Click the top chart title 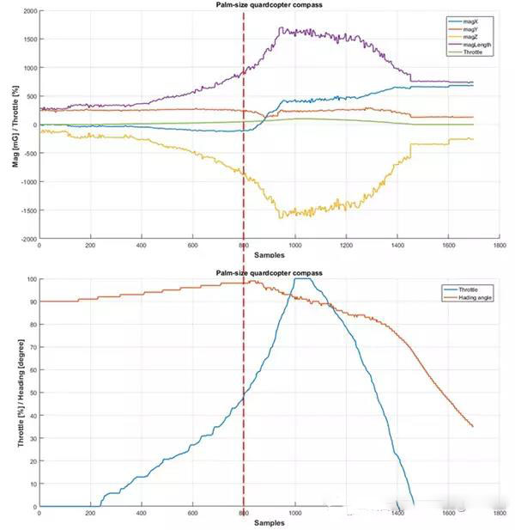(268, 5)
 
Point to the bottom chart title (268, 272)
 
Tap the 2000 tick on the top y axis (29, 11)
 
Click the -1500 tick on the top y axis (27, 210)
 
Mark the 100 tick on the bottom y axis (32, 279)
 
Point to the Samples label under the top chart (268, 255)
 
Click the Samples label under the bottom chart (268, 523)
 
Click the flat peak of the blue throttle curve (303, 279)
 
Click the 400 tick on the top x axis (141, 246)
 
